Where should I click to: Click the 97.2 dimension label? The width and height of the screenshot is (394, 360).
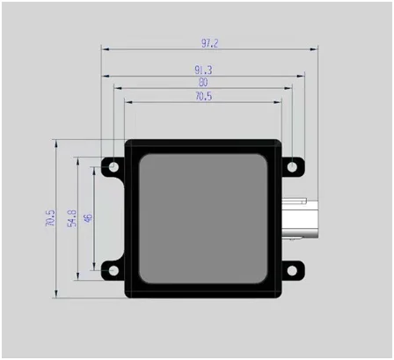(210, 43)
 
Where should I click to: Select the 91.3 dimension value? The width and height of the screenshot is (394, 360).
(203, 70)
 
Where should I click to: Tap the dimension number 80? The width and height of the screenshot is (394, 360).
(203, 83)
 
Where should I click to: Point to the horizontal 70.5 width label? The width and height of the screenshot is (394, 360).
(203, 96)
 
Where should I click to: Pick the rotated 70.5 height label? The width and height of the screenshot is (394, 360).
(50, 217)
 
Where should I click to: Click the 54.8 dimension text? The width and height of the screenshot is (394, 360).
(72, 218)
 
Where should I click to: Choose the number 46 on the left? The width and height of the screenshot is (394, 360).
(88, 217)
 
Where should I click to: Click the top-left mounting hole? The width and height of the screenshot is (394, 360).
(113, 167)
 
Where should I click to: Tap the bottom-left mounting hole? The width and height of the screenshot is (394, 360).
(113, 270)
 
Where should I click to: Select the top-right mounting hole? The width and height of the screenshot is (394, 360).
(292, 167)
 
